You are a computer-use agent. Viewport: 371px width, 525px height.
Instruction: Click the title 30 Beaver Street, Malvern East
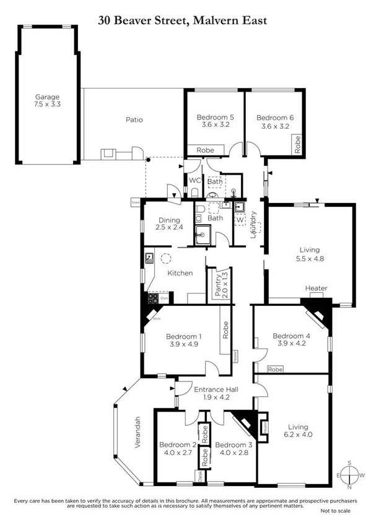[183, 20]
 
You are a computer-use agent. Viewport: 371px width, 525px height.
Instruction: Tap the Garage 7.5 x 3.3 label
[47, 101]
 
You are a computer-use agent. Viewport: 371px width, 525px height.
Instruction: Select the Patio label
[134, 119]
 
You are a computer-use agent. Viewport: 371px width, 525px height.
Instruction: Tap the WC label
[193, 180]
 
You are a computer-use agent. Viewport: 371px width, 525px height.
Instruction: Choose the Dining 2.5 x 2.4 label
[168, 223]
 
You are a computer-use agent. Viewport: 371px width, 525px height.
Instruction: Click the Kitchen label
[179, 273]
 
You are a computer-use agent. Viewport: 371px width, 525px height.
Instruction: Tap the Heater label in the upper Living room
[316, 289]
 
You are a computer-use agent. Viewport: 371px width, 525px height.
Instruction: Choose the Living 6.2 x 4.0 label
[303, 430]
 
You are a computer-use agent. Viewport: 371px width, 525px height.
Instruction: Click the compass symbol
[350, 475]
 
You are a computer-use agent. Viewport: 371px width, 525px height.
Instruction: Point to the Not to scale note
[335, 511]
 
